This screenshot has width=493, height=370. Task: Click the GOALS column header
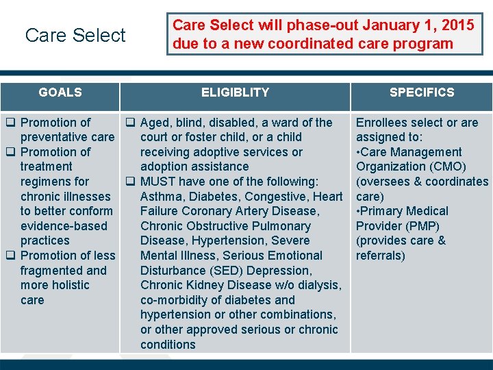click(60, 92)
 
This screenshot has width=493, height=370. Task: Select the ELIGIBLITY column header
click(235, 92)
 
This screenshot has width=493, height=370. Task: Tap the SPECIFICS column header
click(421, 92)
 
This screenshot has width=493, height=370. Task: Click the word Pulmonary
click(282, 226)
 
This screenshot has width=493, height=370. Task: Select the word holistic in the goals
click(68, 285)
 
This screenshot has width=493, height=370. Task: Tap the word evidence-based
click(64, 226)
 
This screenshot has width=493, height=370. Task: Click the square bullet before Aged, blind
click(129, 123)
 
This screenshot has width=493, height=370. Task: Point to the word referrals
click(379, 256)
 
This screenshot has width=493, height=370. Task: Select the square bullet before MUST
click(129, 182)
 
